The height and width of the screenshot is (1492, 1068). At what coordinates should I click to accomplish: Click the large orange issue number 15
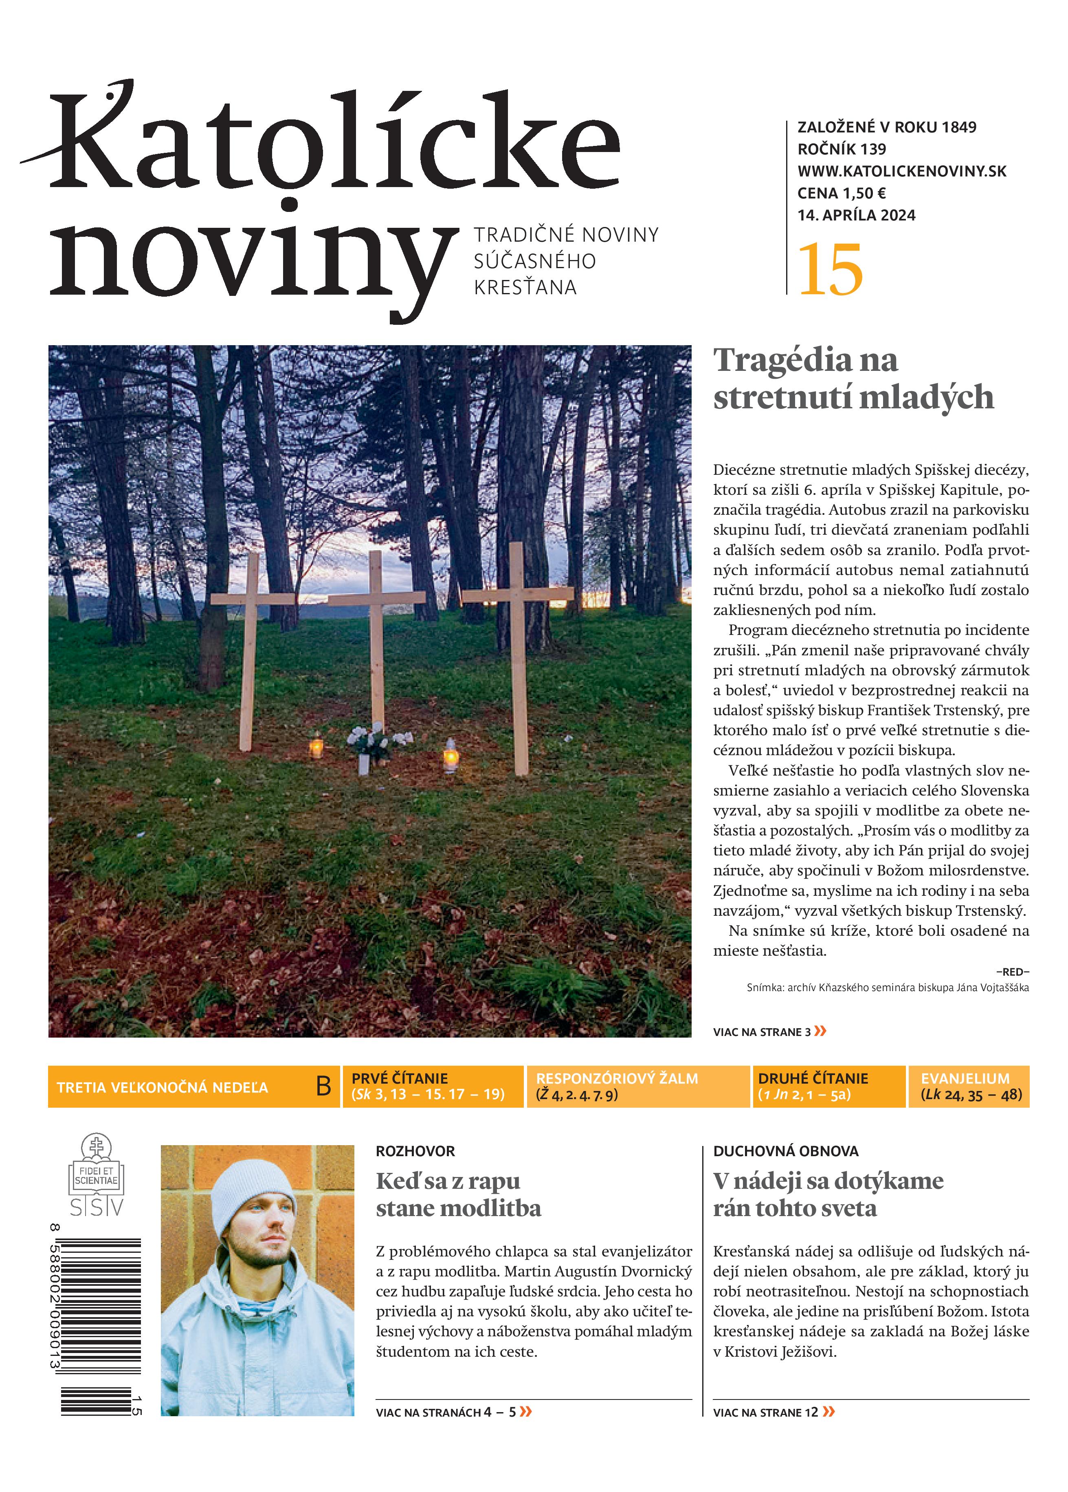coord(830,270)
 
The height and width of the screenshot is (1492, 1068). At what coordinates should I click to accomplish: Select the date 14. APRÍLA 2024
coord(856,215)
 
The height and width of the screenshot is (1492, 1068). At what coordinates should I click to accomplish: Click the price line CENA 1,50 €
coord(842,194)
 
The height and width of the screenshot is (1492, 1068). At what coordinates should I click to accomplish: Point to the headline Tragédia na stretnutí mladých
coord(853,378)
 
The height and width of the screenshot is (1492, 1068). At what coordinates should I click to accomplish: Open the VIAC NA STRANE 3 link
coord(769,1031)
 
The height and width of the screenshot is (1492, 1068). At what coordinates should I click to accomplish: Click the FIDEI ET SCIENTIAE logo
coord(97,1174)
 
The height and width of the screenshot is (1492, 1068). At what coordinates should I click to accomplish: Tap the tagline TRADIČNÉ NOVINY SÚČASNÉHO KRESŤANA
coord(565,261)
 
